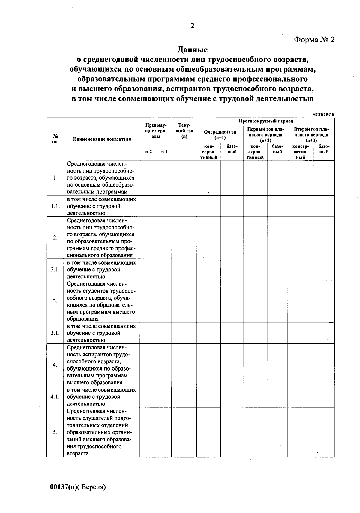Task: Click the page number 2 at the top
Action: point(192,26)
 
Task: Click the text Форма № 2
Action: point(314,40)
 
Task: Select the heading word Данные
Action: point(192,49)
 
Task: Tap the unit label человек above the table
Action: point(323,114)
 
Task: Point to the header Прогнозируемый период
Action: point(265,121)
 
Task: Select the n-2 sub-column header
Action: point(148,151)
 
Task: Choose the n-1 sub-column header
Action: point(164,151)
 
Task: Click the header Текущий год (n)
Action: point(184,131)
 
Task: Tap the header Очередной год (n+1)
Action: point(220,134)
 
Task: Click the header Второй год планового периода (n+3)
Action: point(311,134)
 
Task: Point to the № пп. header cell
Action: point(55,139)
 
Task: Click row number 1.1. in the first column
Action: point(55,206)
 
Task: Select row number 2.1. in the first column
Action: point(55,269)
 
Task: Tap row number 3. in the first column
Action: point(55,301)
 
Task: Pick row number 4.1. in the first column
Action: point(55,396)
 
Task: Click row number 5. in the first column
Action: point(55,432)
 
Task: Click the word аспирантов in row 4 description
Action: point(95,354)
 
